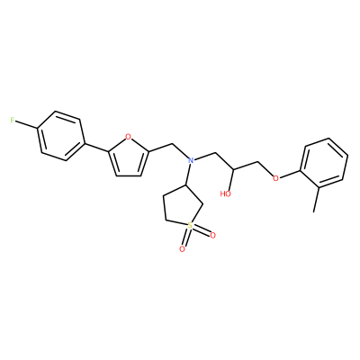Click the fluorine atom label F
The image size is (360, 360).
pyautogui.click(x=13, y=121)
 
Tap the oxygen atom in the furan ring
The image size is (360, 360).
pyautogui.click(x=128, y=137)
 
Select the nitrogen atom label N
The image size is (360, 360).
pyautogui.click(x=190, y=160)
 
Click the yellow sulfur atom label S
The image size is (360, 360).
pyautogui.click(x=189, y=226)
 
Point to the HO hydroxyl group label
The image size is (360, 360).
pyautogui.click(x=225, y=193)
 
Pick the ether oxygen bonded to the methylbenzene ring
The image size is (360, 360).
pyautogui.click(x=275, y=178)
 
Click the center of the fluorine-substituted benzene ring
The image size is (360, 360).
pyautogui.click(x=60, y=136)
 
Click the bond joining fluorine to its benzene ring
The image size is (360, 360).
pyautogui.click(x=26, y=125)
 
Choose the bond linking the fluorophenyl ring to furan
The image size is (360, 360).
pyautogui.click(x=95, y=147)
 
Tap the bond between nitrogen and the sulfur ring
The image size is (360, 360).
pyautogui.click(x=188, y=175)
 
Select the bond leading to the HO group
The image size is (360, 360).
pyautogui.click(x=230, y=179)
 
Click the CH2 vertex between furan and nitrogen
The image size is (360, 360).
pyautogui.click(x=173, y=144)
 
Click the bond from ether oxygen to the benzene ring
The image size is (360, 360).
pyautogui.click(x=290, y=175)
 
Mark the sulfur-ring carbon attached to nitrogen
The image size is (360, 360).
pyautogui.click(x=186, y=186)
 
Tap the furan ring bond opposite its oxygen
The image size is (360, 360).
pyautogui.click(x=129, y=175)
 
